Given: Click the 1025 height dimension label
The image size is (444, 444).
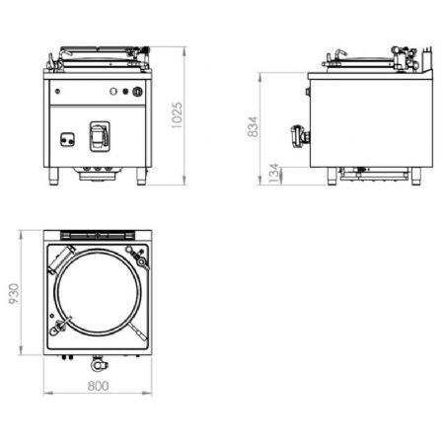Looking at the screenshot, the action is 177,115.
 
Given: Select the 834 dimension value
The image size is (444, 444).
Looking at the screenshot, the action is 254,126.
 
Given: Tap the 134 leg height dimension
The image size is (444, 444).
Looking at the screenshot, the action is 274,173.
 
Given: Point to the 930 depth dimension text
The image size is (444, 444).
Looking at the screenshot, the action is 14,294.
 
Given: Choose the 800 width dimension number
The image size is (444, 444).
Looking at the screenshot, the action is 98,386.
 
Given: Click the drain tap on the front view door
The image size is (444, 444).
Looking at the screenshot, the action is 100,136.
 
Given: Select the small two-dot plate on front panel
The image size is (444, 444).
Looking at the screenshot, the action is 67,139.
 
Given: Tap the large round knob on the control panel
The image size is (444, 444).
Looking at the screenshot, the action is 138,92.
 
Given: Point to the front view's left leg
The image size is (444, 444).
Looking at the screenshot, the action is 54,177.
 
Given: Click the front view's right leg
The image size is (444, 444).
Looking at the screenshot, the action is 142,177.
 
